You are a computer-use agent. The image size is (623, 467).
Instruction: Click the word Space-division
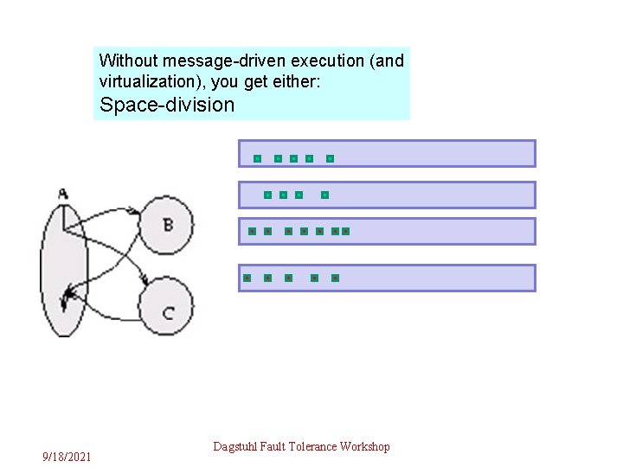(167, 106)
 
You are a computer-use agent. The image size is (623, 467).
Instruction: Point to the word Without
(128, 61)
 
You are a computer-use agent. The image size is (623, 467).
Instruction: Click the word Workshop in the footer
(365, 446)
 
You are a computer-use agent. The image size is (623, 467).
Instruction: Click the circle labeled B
(167, 225)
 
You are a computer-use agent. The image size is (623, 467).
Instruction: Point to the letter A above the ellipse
(63, 194)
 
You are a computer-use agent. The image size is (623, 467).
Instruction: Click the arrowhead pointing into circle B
(135, 210)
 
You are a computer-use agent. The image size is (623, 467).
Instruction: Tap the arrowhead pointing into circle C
(150, 282)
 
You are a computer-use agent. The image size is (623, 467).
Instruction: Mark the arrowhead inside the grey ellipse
(66, 300)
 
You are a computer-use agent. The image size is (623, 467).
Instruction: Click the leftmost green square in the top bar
(257, 159)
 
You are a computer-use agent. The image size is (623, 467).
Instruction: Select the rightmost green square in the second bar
(324, 195)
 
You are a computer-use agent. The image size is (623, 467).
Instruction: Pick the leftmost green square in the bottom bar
(247, 278)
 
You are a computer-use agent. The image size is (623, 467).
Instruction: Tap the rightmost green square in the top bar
(330, 159)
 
